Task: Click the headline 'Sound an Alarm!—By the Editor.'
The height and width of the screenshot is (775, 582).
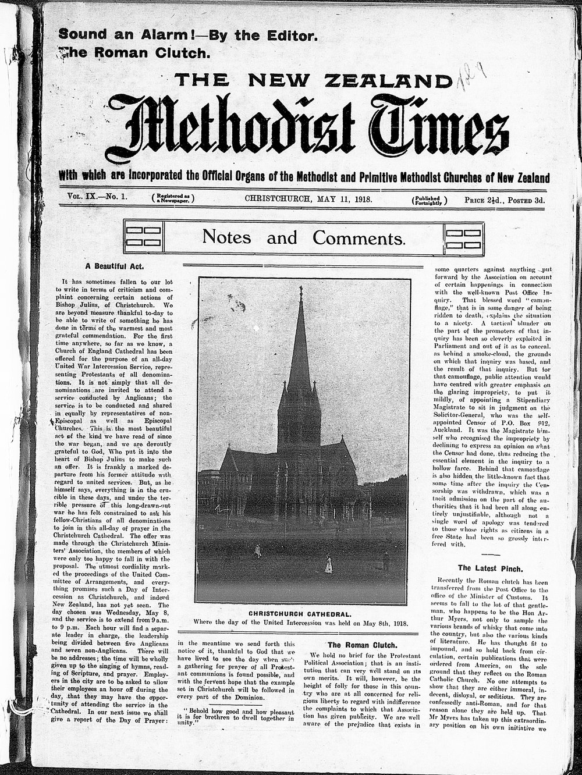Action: [187, 35]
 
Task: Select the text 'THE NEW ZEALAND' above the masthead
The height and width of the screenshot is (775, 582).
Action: [314, 80]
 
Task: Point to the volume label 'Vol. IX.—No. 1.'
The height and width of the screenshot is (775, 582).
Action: [97, 197]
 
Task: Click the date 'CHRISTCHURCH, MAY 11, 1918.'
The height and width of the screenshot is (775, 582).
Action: [308, 198]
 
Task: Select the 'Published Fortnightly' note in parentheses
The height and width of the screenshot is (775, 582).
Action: [430, 200]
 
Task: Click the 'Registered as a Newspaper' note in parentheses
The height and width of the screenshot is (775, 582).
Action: [173, 198]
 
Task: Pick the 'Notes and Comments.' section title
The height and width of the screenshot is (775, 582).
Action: [303, 237]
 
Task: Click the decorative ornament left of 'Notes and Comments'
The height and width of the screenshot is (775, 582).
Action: [143, 236]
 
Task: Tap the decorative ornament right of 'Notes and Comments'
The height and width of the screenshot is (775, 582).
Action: [463, 236]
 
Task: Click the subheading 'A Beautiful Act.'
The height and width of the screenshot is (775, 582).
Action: [115, 266]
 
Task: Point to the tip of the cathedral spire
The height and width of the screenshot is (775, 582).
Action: [300, 289]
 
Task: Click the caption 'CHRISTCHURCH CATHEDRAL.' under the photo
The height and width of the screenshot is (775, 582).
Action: [303, 613]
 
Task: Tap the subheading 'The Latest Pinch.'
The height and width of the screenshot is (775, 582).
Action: [490, 567]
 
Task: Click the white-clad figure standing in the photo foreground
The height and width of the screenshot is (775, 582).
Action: [328, 563]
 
